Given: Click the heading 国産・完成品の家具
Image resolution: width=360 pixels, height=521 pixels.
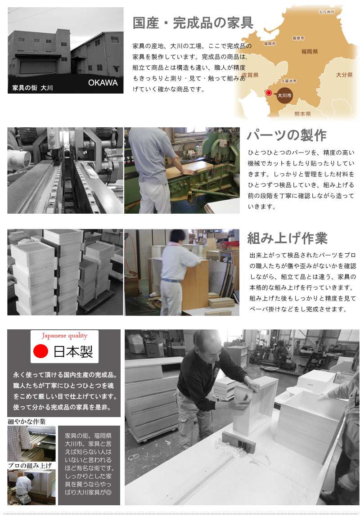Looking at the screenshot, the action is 193,23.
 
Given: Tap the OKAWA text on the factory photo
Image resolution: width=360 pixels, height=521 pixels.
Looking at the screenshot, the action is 103,83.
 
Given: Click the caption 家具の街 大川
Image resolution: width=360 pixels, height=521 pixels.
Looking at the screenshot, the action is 32,88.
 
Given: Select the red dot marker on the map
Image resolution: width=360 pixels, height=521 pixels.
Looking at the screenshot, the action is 269,93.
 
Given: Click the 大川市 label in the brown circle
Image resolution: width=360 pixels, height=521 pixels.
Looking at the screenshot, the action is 284,95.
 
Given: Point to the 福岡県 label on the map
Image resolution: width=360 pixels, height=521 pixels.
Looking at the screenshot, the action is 310,51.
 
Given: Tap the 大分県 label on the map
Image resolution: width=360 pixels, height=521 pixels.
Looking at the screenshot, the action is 344,75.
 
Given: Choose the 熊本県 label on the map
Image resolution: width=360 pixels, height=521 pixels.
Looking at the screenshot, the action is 302,114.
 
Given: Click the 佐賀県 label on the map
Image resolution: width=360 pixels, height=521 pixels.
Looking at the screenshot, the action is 250,75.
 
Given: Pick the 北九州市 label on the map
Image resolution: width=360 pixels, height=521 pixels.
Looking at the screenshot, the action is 326,12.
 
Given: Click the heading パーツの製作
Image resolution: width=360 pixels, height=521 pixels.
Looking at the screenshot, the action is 287,135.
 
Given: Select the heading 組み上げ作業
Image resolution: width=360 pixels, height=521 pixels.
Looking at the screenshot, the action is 287,238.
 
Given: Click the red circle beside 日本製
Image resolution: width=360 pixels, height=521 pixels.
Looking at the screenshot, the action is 41,351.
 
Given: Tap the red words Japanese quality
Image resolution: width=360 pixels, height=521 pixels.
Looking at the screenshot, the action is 64,336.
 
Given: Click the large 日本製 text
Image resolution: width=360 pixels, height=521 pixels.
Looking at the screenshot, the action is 73,351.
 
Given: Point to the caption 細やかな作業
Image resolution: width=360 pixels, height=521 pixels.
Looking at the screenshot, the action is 27,422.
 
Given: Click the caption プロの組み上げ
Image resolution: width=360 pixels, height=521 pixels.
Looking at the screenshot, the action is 30,466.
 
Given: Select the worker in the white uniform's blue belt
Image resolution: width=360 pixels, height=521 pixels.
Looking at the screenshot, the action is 171,280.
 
